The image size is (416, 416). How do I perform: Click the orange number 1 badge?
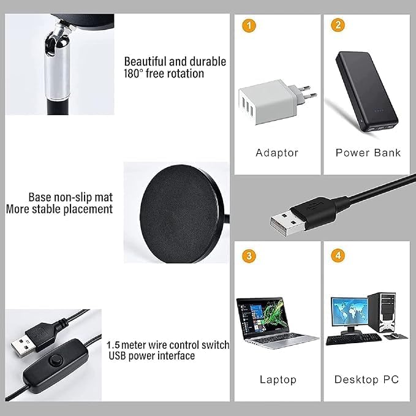pos(249,26)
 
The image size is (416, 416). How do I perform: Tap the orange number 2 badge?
pos(338,25)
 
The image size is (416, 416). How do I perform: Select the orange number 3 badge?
pos(249,256)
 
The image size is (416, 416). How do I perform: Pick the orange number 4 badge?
pos(338,255)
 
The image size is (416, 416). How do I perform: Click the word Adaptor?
pos(277,153)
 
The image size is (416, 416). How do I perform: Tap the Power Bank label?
pos(368,153)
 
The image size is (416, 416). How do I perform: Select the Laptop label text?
pos(278,380)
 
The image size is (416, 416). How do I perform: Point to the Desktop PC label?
pos(366,379)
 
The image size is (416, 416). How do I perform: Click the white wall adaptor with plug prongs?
pos(276,102)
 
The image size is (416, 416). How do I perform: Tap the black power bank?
pos(367,91)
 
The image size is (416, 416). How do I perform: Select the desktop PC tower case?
pos(382,312)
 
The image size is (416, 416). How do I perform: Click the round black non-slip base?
pos(180,214)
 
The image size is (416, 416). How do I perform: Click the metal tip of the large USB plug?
pos(288,222)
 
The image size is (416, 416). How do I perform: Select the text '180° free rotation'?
pos(164,74)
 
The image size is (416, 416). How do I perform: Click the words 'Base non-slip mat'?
pos(70,197)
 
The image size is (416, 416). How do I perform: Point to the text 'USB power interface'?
pos(152,356)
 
